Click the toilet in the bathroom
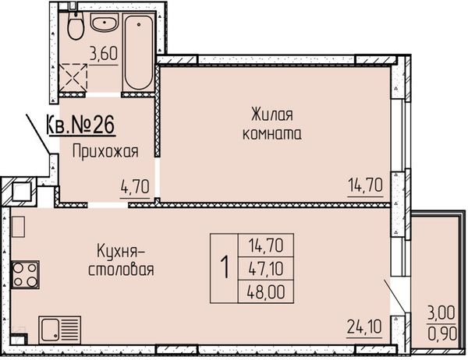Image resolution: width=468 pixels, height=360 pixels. pyautogui.click(x=76, y=26)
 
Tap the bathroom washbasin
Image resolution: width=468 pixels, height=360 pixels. pyautogui.click(x=105, y=23)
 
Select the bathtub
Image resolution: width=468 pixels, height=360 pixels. pyautogui.click(x=139, y=52)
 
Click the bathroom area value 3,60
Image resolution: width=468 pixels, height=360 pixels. pyautogui.click(x=104, y=54)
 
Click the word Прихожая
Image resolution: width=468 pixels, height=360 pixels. pyautogui.click(x=105, y=151)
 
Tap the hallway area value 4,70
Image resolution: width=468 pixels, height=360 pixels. pyautogui.click(x=135, y=187)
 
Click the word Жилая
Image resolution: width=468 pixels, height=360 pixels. pyautogui.click(x=272, y=115)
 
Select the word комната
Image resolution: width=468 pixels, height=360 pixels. pyautogui.click(x=272, y=134)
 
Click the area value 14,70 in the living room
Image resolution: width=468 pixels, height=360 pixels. pyautogui.click(x=365, y=185)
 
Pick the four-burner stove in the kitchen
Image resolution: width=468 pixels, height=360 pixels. pyautogui.click(x=25, y=275)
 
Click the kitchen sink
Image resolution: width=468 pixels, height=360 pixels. pyautogui.click(x=59, y=330)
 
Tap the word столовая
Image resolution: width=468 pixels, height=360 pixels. pyautogui.click(x=121, y=270)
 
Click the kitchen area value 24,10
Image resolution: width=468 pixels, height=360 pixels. pyautogui.click(x=364, y=326)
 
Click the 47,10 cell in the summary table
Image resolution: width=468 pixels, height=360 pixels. pyautogui.click(x=266, y=268)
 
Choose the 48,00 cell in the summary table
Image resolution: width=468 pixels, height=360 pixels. pyautogui.click(x=266, y=291)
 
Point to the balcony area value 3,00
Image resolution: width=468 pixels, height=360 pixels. pyautogui.click(x=441, y=313)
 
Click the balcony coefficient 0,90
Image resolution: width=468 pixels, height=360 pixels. pyautogui.click(x=442, y=334)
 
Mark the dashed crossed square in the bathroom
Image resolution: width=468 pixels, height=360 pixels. pyautogui.click(x=73, y=78)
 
